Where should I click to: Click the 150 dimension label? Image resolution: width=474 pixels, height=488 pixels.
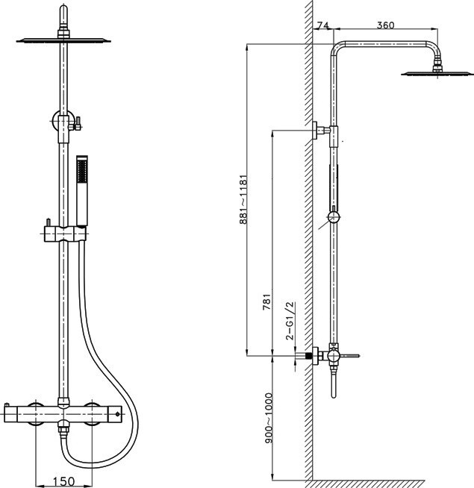[x=64, y=481]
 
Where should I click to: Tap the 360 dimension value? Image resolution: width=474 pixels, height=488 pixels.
[x=386, y=25]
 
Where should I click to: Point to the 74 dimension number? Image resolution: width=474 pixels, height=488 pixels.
[x=322, y=25]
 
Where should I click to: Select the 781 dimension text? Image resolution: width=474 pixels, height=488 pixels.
[x=266, y=301]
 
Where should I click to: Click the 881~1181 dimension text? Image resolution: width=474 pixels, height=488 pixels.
[x=243, y=199]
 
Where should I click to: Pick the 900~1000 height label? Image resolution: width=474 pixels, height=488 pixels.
[x=268, y=418]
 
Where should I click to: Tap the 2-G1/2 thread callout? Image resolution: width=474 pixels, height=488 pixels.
[x=290, y=320]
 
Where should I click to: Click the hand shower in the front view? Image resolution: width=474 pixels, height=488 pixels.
[x=82, y=190]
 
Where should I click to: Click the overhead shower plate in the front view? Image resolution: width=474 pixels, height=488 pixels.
[x=63, y=40]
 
